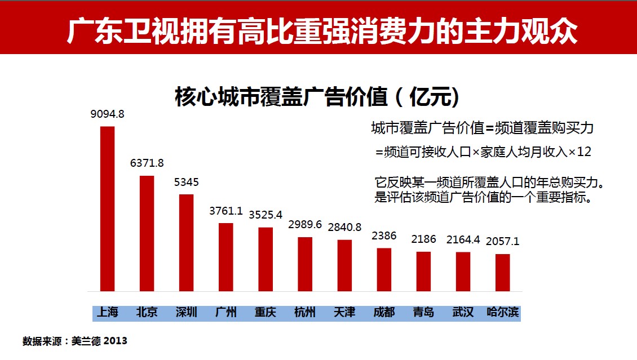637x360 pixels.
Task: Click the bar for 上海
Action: click(x=107, y=208)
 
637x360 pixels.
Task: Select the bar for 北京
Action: click(x=147, y=233)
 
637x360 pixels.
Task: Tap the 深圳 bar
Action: click(x=186, y=242)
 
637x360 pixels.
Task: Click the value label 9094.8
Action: click(x=107, y=114)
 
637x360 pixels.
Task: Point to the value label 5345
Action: click(x=186, y=183)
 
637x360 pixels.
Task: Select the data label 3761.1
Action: click(x=225, y=211)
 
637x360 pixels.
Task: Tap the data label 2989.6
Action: click(x=305, y=225)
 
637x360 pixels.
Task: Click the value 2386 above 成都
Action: click(x=384, y=236)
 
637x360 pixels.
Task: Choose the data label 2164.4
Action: click(x=463, y=240)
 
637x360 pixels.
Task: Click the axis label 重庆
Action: click(x=265, y=312)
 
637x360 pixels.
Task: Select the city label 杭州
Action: click(x=305, y=312)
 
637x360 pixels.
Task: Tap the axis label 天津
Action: click(x=344, y=312)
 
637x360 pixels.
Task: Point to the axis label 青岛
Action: click(x=423, y=312)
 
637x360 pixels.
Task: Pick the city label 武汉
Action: click(x=463, y=312)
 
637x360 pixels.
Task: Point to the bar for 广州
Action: click(x=225, y=257)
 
